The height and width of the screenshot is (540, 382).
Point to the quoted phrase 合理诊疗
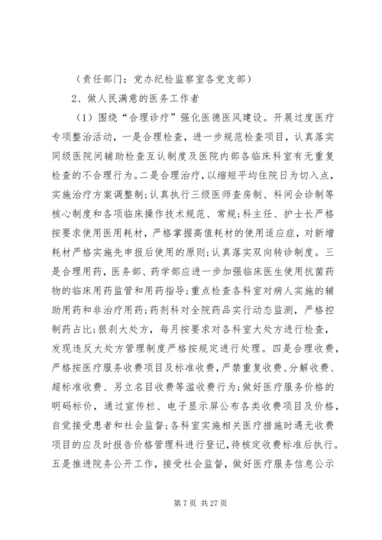tap(153, 118)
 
